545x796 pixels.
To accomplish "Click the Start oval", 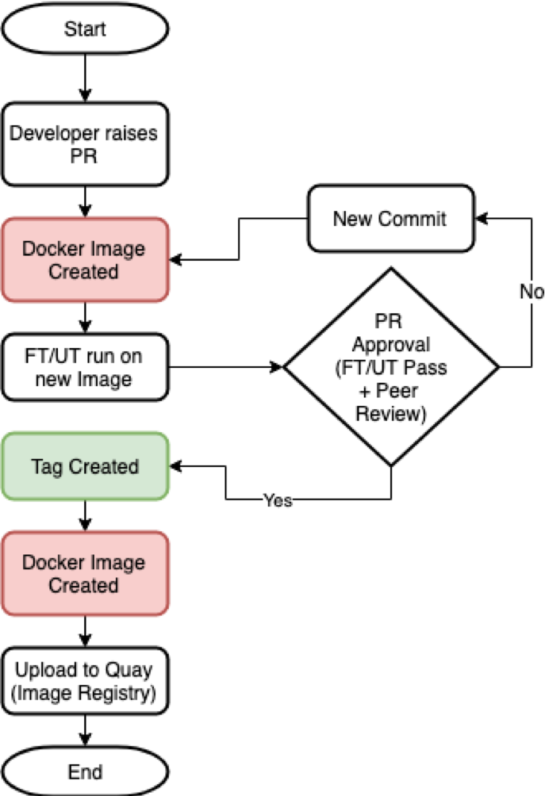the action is (x=85, y=29).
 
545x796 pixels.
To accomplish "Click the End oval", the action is (x=85, y=771).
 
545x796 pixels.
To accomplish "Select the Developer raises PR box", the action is (x=85, y=144).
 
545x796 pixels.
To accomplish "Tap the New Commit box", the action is (x=390, y=218).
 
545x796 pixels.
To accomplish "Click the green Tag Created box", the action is (x=85, y=466).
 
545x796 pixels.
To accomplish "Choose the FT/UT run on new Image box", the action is (x=85, y=367).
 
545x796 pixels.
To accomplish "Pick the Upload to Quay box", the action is (x=85, y=681).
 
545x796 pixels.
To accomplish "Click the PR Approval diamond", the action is (x=390, y=367).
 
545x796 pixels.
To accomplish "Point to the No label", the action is (x=532, y=292).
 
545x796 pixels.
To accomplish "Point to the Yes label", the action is (x=278, y=500).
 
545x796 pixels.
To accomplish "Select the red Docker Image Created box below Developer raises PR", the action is (x=85, y=260).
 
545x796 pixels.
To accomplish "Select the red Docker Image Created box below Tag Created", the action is (x=85, y=574).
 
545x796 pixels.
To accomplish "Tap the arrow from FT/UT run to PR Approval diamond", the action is (x=226, y=366).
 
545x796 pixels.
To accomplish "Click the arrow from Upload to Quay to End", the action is (x=85, y=730).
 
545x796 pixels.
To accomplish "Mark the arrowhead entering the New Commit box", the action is (x=481, y=218).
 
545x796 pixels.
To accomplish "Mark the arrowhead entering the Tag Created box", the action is (x=176, y=466).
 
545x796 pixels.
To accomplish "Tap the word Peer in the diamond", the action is (x=397, y=390).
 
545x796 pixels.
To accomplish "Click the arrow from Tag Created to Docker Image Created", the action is (x=85, y=516).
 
